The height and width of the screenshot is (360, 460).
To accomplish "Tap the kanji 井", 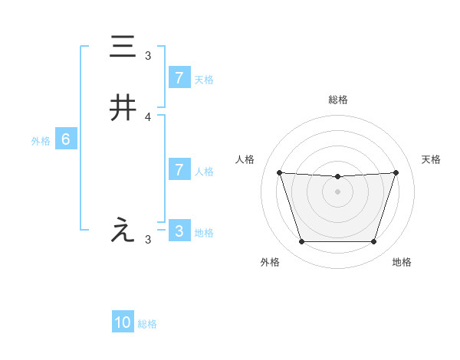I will coord(123,109).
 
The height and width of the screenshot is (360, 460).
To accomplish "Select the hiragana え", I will coord(123,231).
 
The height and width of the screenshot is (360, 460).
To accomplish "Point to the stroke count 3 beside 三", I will coord(148,55).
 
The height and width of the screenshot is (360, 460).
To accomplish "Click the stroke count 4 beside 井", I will coord(148,116).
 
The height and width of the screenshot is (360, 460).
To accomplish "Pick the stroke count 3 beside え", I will coord(148,239).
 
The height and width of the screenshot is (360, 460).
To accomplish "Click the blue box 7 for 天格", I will coord(179,78).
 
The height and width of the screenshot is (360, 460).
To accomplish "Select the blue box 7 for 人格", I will coord(179,170).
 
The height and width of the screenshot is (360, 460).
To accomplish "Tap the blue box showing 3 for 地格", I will coord(179,231).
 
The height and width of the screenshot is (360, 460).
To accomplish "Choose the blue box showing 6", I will coord(66,139).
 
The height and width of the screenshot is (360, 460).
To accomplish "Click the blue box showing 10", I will coord(123,322).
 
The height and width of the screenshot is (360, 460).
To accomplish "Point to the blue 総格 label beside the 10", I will coord(147,324).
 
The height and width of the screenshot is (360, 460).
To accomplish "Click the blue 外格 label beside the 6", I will coord(41,141).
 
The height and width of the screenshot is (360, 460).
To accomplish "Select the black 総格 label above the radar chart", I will coord(338,100).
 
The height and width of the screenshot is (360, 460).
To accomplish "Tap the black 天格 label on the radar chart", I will coord(432,159).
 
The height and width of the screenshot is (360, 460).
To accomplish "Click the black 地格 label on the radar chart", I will coord(402,262).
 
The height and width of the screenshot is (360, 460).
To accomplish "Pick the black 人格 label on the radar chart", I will coord(245,159).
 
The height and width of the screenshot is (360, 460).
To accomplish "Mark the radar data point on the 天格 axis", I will coord(396,172).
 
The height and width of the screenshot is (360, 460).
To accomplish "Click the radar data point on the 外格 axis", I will coord(301,242).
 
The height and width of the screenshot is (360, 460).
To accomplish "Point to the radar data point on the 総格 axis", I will coord(338,178).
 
